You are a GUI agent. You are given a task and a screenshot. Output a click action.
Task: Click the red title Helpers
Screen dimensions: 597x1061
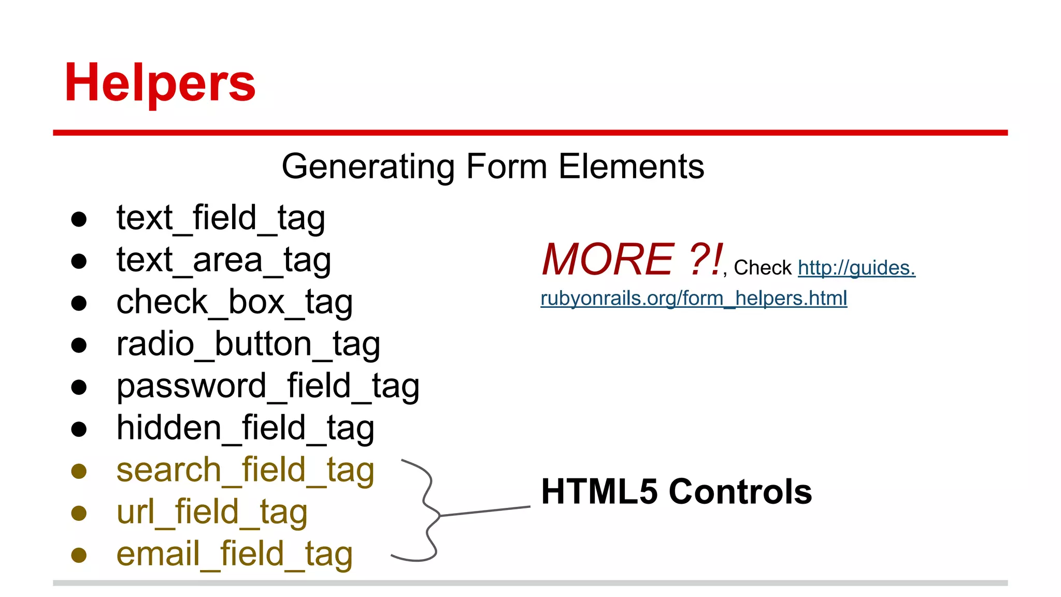pos(160,83)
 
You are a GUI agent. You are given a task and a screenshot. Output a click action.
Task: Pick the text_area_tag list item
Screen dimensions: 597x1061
pos(223,260)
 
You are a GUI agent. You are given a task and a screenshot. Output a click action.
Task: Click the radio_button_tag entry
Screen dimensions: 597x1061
pos(248,344)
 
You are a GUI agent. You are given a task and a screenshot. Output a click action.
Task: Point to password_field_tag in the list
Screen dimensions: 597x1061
pos(268,386)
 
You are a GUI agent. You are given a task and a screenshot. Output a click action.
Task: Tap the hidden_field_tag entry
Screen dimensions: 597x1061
pos(245,428)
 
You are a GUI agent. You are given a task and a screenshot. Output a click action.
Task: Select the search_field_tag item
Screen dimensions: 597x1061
pos(245,470)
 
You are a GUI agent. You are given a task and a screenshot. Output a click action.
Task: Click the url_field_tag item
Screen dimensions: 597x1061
pos(212,512)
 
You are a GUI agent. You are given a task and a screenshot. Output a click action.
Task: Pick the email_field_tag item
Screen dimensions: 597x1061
pos(234,554)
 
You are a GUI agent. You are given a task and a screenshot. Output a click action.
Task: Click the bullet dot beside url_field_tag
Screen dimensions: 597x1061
pos(79,513)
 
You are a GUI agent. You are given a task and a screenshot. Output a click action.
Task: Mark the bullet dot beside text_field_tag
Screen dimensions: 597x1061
pos(79,219)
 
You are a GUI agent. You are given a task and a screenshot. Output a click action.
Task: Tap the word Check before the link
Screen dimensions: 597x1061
pos(763,268)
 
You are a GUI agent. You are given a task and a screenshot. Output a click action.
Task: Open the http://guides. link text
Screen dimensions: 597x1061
pos(856,268)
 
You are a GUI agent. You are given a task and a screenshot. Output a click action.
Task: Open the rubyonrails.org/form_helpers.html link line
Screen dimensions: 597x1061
pos(694,298)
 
